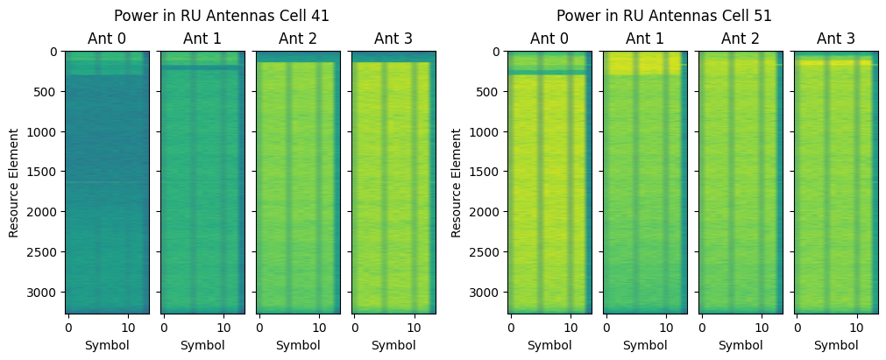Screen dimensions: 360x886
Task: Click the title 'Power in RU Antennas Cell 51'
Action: pyautogui.click(x=664, y=15)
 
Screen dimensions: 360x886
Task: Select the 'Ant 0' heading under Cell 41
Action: pyautogui.click(x=107, y=38)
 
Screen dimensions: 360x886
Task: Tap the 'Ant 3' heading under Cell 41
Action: pyautogui.click(x=393, y=38)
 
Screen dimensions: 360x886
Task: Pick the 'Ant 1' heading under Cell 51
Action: pyautogui.click(x=645, y=38)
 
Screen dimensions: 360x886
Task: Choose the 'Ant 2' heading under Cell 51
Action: pyautogui.click(x=741, y=38)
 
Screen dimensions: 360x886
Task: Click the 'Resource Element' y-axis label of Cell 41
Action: pyautogui.click(x=14, y=182)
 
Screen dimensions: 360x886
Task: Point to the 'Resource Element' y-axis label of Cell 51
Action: pyautogui.click(x=457, y=182)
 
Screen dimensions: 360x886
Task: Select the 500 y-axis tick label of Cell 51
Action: pyautogui.click(x=488, y=92)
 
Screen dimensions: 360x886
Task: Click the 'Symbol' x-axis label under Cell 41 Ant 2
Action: pyautogui.click(x=298, y=345)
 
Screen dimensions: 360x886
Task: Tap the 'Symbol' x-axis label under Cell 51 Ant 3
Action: pyautogui.click(x=836, y=345)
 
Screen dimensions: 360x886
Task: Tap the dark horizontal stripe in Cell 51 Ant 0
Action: pyautogui.click(x=549, y=73)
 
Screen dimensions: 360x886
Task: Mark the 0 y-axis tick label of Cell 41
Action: pyautogui.click(x=53, y=52)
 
